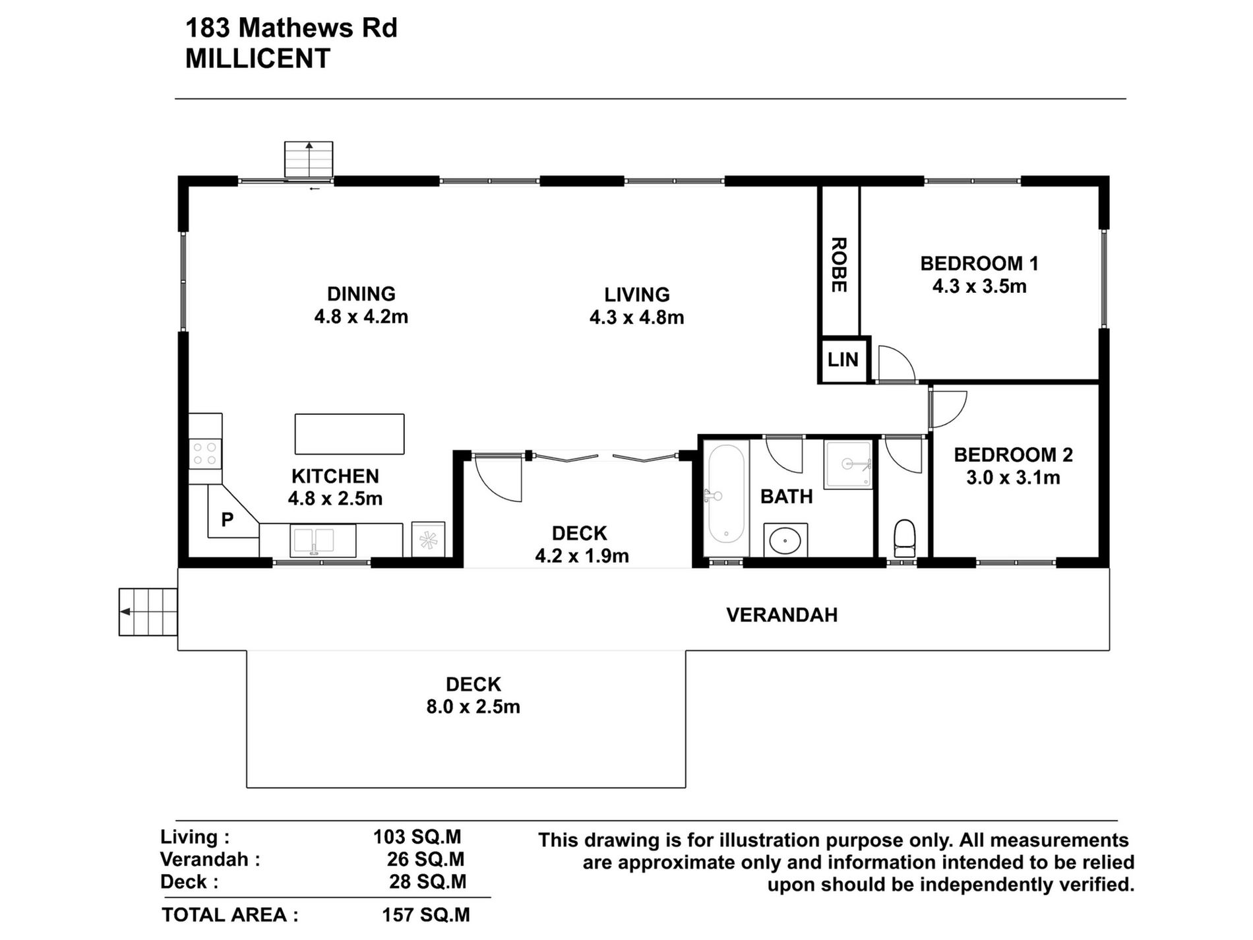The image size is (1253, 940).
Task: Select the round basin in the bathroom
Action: click(x=785, y=540)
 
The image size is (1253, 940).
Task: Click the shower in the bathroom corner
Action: click(x=848, y=464)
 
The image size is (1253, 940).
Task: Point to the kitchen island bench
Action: click(x=350, y=434)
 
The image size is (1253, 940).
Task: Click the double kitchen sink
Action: click(x=323, y=540)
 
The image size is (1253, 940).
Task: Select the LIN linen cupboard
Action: click(x=843, y=360)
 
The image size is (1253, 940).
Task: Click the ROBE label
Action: click(x=838, y=265)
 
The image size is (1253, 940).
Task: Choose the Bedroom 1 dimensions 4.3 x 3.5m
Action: click(x=979, y=286)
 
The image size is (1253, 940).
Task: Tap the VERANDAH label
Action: click(x=782, y=615)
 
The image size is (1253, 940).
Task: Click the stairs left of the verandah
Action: click(x=148, y=611)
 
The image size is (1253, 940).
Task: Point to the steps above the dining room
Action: click(x=309, y=159)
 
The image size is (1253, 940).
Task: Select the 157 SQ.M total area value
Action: click(x=426, y=915)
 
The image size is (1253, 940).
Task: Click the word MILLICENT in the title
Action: click(x=257, y=59)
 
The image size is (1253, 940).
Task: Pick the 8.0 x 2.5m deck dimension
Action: click(x=473, y=706)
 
